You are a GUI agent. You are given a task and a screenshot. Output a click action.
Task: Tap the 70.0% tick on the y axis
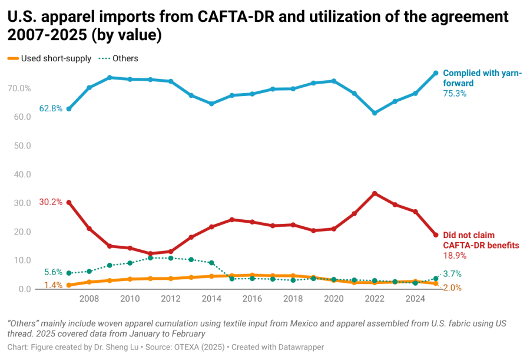click(x=19, y=88)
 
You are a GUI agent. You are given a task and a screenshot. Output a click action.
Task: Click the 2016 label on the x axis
click(x=252, y=299)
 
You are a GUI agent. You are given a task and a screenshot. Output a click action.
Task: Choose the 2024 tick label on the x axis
click(x=415, y=299)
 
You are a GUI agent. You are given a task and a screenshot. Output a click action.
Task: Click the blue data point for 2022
click(x=375, y=113)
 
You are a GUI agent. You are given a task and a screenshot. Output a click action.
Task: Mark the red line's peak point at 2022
click(x=375, y=193)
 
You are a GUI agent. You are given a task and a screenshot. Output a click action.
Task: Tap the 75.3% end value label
click(x=455, y=94)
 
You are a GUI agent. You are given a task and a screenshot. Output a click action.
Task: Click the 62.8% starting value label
click(x=51, y=109)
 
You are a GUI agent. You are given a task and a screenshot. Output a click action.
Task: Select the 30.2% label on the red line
click(x=51, y=202)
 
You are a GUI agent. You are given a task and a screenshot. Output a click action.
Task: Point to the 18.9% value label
click(x=455, y=256)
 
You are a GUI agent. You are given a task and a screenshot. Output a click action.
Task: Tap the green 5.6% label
click(x=53, y=272)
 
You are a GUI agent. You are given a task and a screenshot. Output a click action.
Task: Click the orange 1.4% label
click(x=53, y=286)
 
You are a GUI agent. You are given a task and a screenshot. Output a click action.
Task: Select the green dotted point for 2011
click(x=150, y=258)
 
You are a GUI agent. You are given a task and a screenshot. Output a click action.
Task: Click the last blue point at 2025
click(x=436, y=73)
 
